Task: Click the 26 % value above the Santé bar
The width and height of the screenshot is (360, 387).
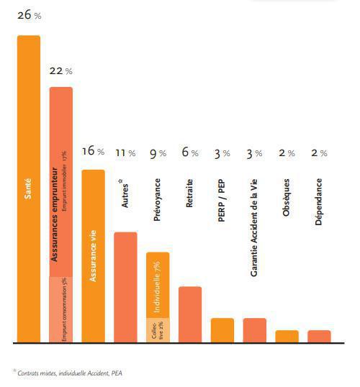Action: click(28, 15)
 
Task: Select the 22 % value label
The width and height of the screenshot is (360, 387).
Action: click(60, 70)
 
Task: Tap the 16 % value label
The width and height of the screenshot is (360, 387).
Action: click(93, 152)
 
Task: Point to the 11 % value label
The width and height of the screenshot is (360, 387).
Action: click(125, 152)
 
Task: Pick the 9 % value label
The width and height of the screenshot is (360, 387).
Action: click(158, 152)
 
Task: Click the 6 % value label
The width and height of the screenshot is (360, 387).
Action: click(189, 152)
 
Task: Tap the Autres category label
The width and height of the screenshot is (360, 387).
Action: click(125, 194)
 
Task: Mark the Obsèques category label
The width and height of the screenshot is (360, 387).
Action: click(287, 198)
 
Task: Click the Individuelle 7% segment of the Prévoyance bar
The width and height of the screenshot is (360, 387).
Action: click(158, 285)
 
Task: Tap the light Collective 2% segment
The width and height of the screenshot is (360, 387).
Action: click(158, 329)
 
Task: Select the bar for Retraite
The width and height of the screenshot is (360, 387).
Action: click(190, 314)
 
